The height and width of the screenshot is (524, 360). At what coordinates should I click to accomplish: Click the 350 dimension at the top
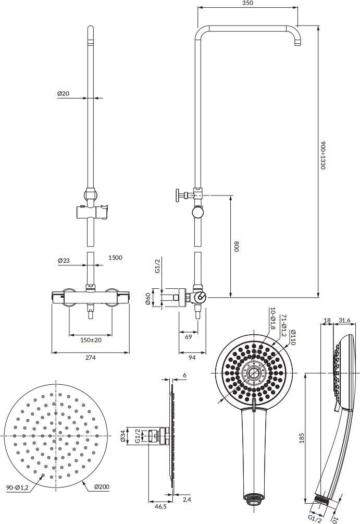click(x=247, y=3)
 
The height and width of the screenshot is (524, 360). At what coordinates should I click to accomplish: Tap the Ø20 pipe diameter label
click(x=63, y=93)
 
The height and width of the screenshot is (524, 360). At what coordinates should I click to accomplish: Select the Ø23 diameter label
click(x=64, y=260)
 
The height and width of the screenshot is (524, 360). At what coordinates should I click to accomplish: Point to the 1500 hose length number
click(x=115, y=258)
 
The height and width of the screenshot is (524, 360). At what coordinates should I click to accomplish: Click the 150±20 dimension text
click(x=91, y=340)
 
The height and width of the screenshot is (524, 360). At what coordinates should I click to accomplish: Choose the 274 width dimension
click(x=90, y=358)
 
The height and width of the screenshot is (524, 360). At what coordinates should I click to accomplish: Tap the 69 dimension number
click(x=189, y=337)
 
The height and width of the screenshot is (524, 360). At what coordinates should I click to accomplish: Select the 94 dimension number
click(x=192, y=358)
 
